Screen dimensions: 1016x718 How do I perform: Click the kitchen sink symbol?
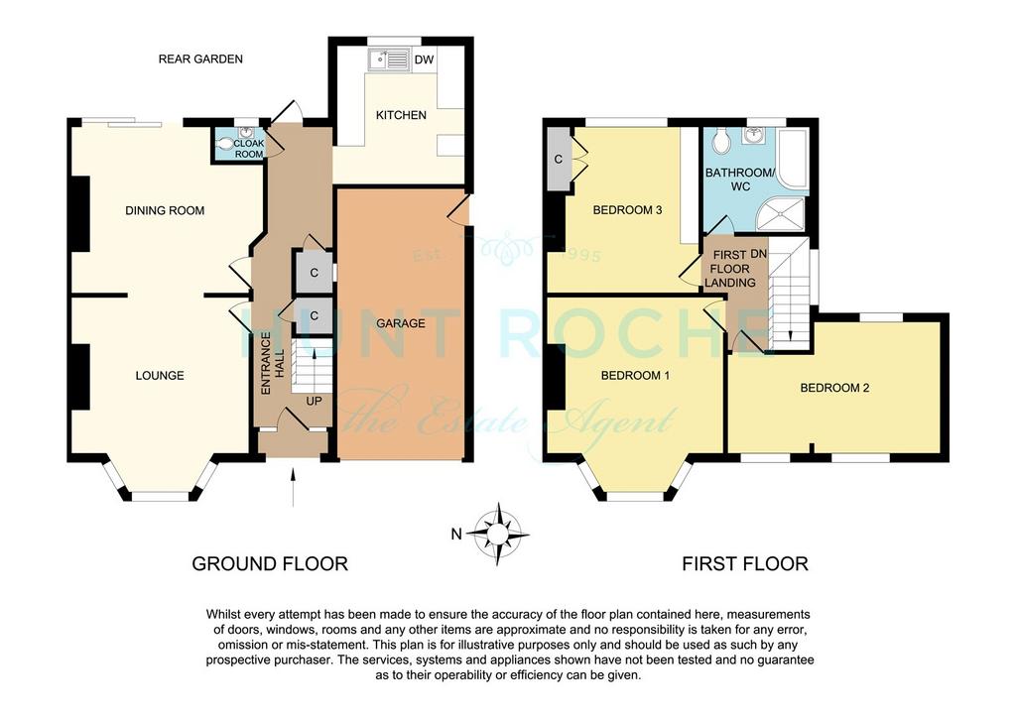coord(389,60)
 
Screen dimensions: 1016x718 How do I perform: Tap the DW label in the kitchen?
coord(424,60)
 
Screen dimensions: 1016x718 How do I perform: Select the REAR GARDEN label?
coord(200,59)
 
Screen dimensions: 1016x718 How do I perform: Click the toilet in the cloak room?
coord(224,145)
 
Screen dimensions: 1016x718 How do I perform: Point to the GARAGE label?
coord(401,323)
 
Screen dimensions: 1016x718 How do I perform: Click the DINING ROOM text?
coord(165,210)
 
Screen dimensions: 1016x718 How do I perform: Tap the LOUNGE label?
coord(160,376)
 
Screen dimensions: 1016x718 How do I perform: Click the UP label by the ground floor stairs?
coord(314,402)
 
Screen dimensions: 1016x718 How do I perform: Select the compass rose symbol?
coord(498,535)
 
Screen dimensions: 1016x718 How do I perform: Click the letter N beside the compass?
coord(456,535)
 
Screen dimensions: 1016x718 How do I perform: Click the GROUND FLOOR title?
coord(270,564)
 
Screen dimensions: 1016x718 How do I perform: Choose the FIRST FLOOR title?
coord(745,564)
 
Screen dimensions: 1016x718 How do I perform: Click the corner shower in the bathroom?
coord(780,214)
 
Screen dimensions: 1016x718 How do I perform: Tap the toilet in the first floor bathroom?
coord(720,139)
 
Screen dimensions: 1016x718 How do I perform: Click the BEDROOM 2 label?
coord(834,388)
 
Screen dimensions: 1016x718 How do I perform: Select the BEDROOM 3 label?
coord(627,210)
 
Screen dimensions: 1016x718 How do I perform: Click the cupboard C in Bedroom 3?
coord(558,160)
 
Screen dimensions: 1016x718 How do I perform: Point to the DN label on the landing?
coord(759,255)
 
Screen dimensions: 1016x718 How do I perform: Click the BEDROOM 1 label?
coord(635,376)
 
